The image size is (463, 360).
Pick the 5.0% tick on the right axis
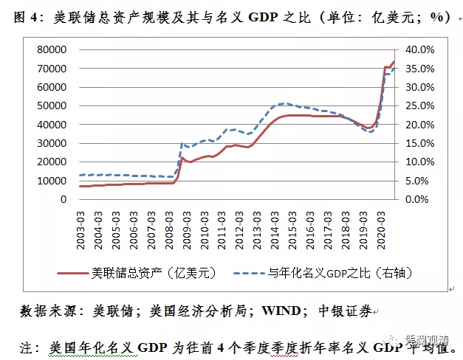pyautogui.click(x=418, y=180)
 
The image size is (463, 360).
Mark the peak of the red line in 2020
pyautogui.click(x=394, y=62)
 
